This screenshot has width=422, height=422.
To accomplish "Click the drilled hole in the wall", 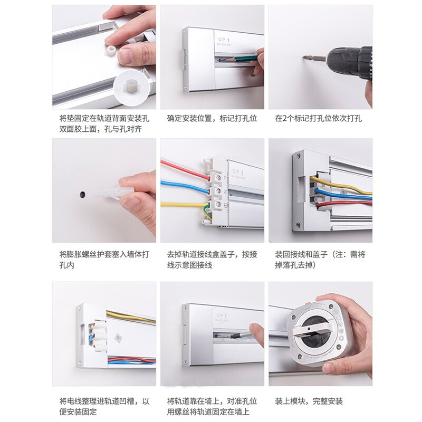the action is [82, 194].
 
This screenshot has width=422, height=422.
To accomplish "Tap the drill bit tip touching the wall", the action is [304, 57].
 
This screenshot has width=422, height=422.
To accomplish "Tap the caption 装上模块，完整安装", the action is [309, 401].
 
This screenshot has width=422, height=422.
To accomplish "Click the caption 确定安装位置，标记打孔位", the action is [212, 118].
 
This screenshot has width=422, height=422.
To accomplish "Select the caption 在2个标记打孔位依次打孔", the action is [318, 118].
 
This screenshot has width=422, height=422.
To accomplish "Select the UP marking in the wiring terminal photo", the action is [238, 172].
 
